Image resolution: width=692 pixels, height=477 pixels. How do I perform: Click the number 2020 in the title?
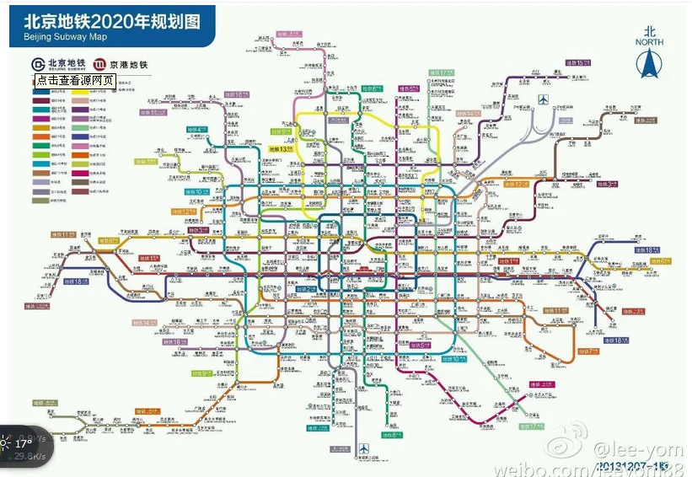click(x=117, y=20)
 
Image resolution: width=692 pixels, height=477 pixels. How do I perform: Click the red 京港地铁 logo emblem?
click(x=99, y=64)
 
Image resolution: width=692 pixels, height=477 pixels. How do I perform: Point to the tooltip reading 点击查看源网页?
click(x=75, y=81)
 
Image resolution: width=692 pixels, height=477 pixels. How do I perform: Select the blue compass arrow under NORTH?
click(x=649, y=64)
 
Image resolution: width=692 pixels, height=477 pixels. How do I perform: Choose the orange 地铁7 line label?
click(x=587, y=351)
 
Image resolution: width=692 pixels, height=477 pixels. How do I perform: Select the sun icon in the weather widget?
click(x=7, y=443)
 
